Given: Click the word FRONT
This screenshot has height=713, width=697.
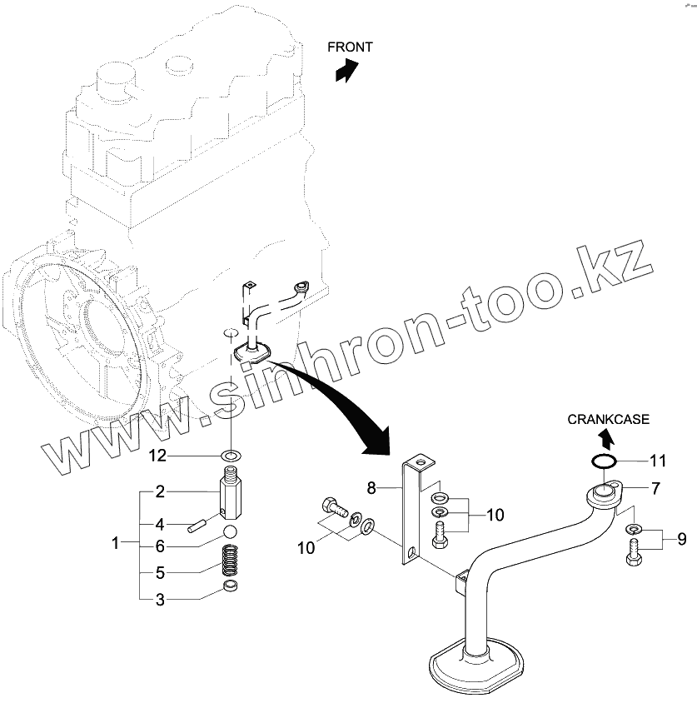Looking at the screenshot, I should click(x=350, y=47).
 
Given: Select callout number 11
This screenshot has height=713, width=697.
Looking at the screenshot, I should click(x=659, y=460).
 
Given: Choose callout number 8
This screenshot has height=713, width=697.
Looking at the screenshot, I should click(x=372, y=486).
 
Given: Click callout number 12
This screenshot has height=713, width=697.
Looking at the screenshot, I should click(x=158, y=455).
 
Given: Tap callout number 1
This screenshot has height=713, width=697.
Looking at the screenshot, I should click(x=117, y=544).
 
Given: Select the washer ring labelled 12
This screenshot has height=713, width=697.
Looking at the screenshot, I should click(x=231, y=455).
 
